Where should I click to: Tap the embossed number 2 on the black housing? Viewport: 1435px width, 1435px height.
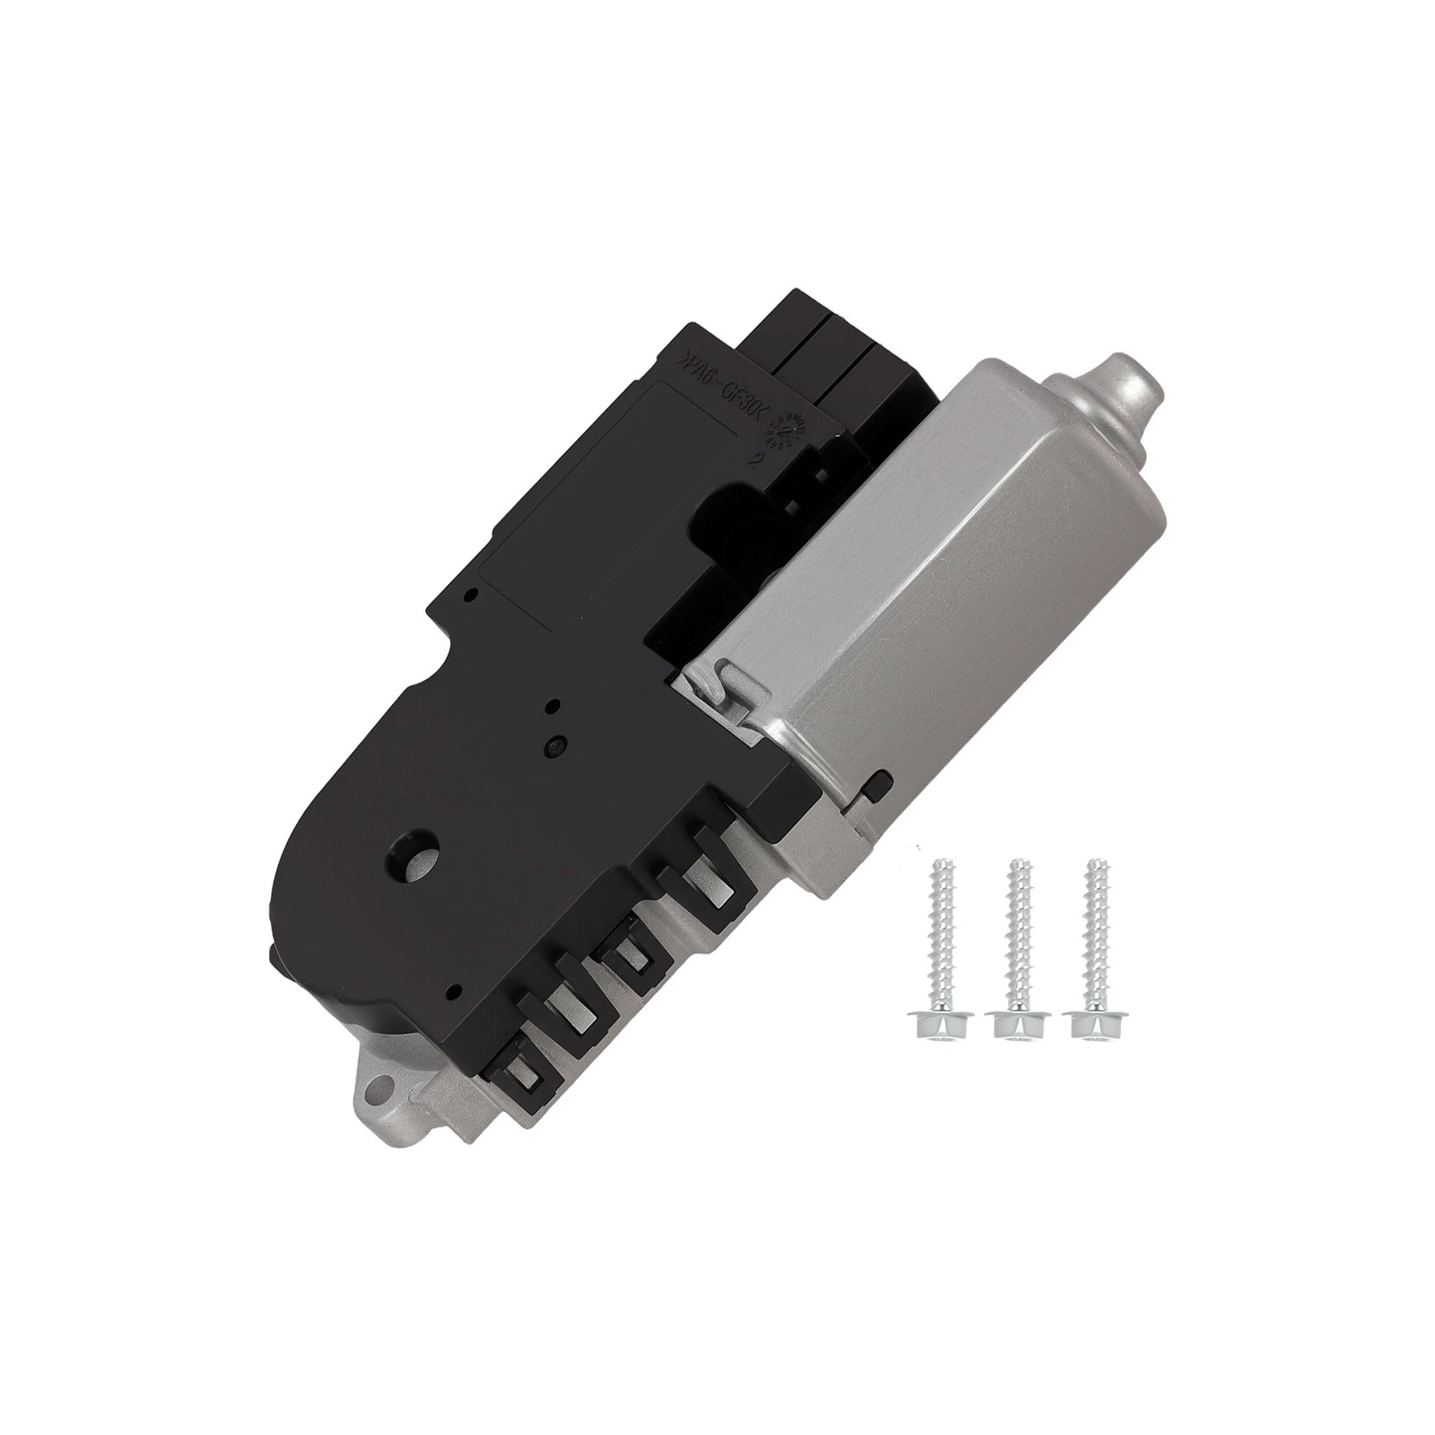(758, 460)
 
